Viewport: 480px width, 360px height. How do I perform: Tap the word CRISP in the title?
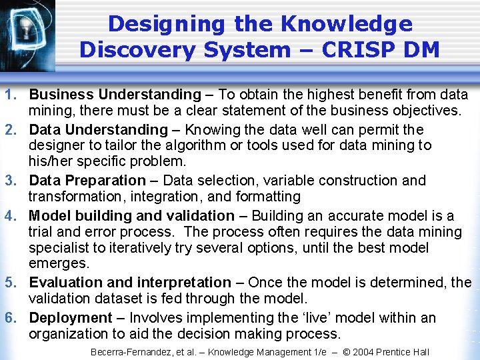click(x=363, y=50)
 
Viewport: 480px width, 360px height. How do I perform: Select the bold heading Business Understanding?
click(x=115, y=95)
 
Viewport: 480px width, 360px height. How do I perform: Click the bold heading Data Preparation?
click(x=87, y=181)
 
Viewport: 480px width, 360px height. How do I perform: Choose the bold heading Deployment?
click(x=71, y=318)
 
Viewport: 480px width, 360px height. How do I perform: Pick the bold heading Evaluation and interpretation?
click(x=130, y=283)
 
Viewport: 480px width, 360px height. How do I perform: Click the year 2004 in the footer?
click(x=362, y=352)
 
